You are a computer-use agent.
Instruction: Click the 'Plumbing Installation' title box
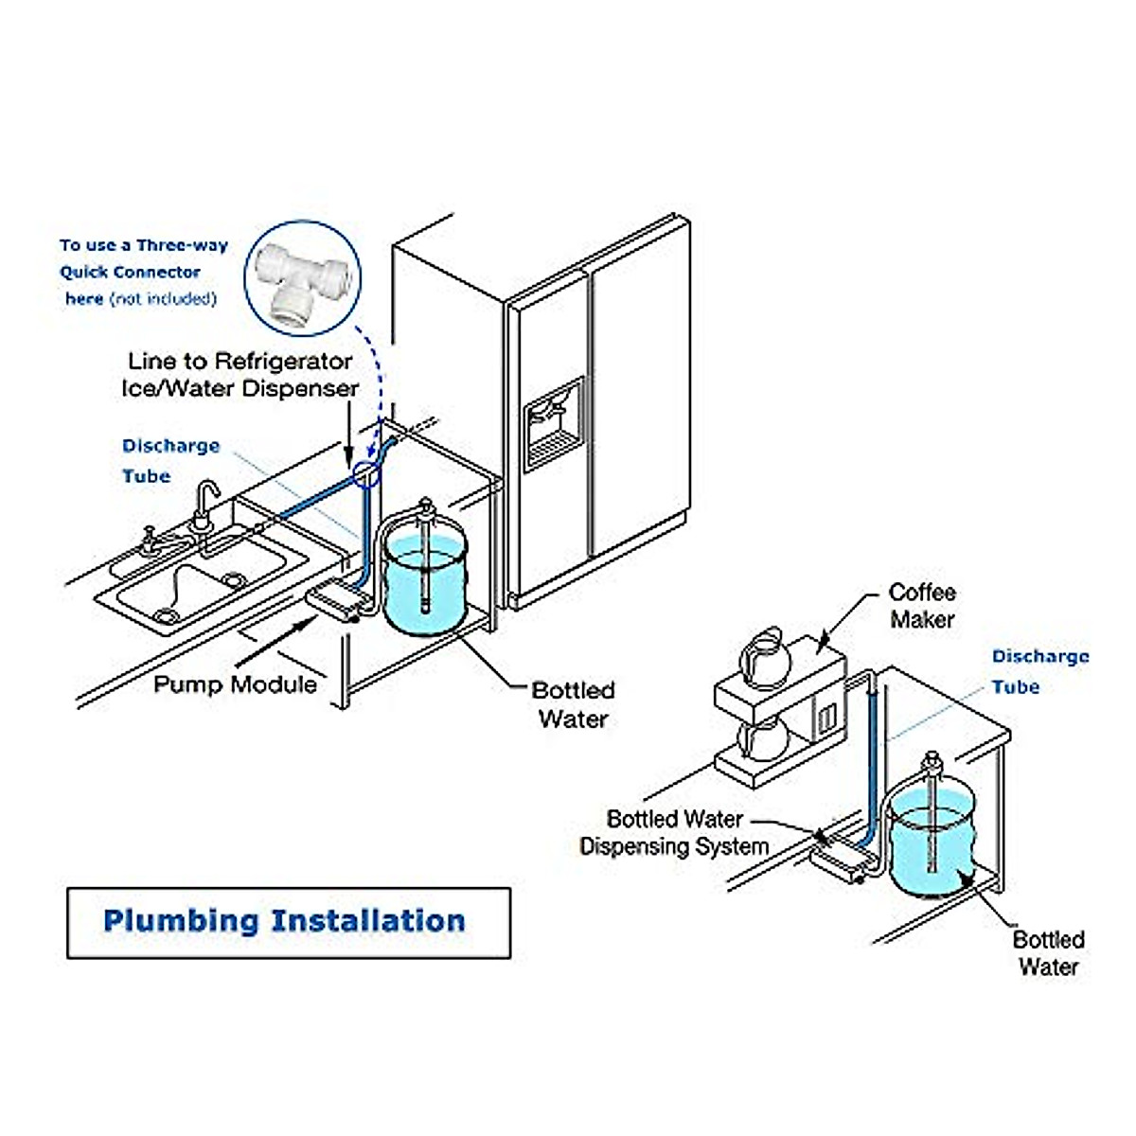[x=288, y=922]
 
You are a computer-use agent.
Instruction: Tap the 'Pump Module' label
[x=235, y=683]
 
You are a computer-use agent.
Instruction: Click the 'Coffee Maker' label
[x=922, y=606]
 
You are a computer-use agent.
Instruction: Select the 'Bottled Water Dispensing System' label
[x=674, y=832]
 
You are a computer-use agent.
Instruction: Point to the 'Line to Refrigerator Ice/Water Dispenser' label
[x=240, y=375]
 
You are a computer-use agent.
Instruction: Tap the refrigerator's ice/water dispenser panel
[x=554, y=423]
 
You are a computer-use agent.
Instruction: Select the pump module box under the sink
[x=336, y=600]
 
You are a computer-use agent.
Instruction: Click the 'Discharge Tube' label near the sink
[x=170, y=461]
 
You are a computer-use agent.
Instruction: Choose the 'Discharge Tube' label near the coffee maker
[x=1039, y=671]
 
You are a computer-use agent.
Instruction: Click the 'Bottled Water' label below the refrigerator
[x=573, y=704]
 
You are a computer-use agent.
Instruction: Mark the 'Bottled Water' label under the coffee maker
[x=1048, y=953]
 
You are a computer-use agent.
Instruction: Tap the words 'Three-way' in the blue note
[x=182, y=245]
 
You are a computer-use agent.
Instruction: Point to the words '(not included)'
[x=163, y=299]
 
